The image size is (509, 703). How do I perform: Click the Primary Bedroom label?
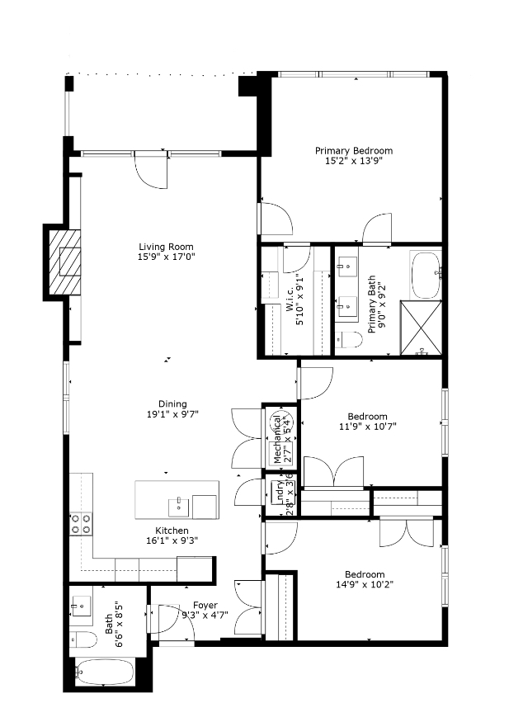pos(354,151)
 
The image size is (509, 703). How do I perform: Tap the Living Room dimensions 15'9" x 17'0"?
pos(166,257)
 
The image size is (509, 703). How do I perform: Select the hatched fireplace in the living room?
pos(65,262)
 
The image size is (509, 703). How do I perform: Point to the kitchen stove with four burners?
pos(81,523)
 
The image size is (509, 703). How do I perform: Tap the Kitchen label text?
pos(172,530)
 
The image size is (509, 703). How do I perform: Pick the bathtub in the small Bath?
pos(103,672)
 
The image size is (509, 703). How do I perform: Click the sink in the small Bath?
pos(80,607)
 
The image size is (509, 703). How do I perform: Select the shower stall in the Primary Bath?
pos(422,328)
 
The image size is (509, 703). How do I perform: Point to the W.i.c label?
pos(290,303)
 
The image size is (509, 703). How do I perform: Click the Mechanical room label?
pos(278,444)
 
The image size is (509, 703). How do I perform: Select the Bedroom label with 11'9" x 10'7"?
pos(366,417)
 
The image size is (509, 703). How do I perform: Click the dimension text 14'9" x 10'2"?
pos(364,586)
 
